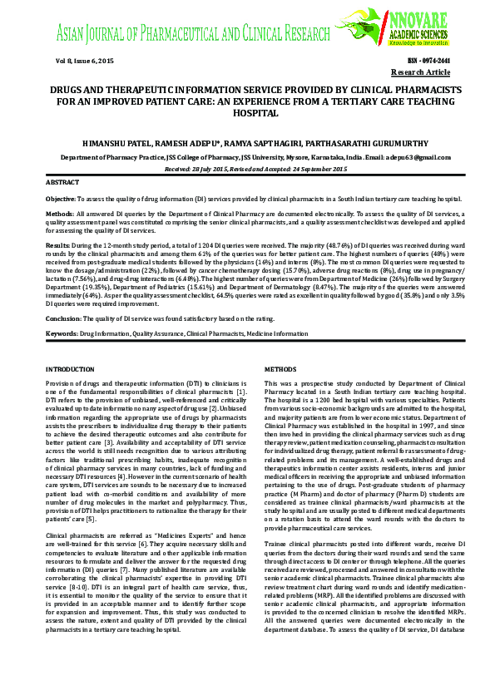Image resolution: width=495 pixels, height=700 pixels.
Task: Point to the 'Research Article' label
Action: point(421,73)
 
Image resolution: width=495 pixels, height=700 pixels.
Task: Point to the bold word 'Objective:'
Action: point(60,200)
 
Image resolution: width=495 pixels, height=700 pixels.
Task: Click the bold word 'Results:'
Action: point(57,246)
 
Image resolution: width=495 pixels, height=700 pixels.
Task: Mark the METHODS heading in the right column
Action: point(280,368)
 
